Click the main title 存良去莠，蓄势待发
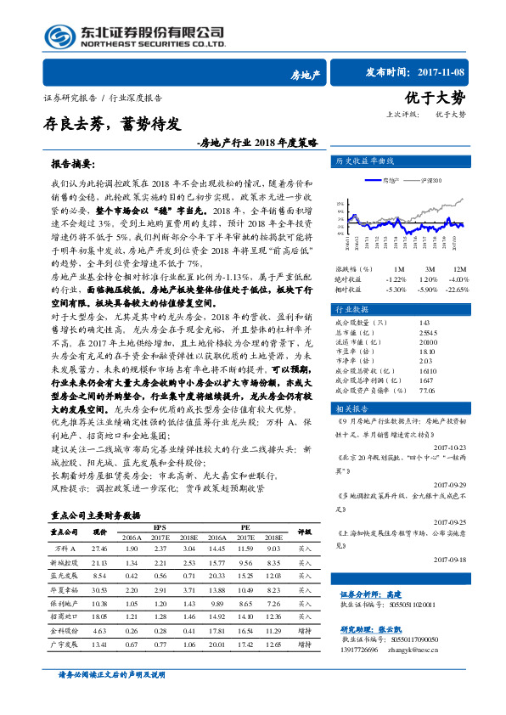pos(112,124)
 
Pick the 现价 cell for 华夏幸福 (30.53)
pos(99,589)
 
